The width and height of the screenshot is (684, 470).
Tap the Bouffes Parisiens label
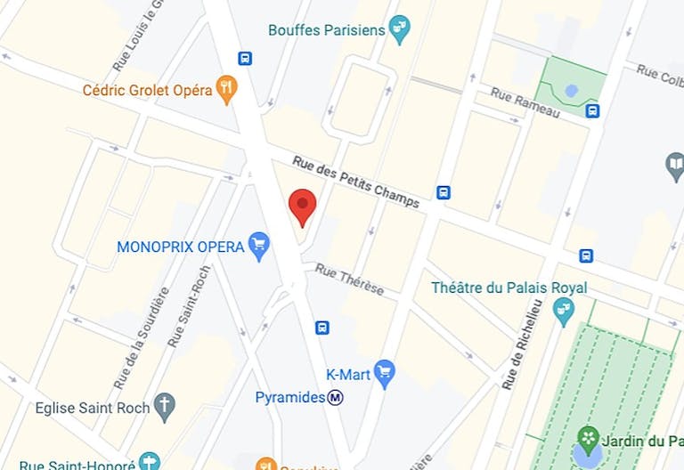point(327,30)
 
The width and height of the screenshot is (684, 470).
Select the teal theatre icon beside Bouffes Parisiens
point(400,30)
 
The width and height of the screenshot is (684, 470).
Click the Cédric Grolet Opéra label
point(147,90)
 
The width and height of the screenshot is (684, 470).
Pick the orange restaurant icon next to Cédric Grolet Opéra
point(227,89)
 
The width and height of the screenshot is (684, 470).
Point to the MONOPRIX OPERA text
point(181,246)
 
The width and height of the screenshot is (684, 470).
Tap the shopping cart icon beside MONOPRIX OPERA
point(259,246)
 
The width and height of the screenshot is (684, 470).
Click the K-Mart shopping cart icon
point(385,373)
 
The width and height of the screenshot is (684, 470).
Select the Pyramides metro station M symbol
point(336,397)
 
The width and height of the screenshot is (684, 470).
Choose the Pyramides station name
point(289,397)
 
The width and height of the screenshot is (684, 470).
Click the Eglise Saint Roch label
point(92,409)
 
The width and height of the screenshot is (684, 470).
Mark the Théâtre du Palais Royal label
point(509,288)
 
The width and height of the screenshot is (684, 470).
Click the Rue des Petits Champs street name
point(355,182)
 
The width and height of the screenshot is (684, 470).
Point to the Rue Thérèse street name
point(349,279)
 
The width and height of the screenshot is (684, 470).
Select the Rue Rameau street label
point(525,102)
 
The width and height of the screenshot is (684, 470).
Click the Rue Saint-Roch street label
point(197,307)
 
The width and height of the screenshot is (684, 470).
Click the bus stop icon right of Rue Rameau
point(592,110)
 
